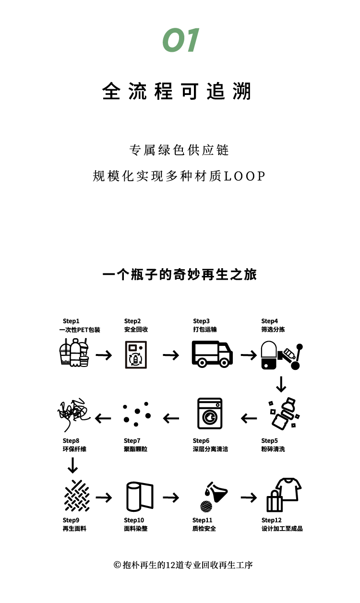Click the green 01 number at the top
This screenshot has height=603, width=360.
180,40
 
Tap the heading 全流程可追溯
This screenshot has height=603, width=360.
177,91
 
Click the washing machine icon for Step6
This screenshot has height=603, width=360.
210,414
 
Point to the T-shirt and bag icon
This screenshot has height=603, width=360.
284,495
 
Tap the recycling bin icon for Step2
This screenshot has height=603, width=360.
136,355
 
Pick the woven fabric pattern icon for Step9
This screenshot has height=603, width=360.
77,496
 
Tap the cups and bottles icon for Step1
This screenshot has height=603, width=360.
74,353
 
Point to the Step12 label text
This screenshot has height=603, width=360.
271,520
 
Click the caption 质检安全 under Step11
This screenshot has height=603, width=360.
204,528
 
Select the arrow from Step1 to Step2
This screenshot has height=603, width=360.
104,355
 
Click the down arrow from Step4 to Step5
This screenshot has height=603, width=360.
281,384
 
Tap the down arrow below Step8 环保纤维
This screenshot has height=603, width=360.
72,465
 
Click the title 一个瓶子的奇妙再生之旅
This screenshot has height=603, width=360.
180,275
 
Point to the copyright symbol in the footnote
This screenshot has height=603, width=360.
117,565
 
